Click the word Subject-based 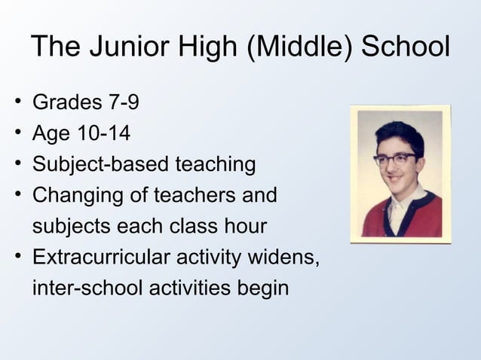coord(100,165)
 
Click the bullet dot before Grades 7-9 coord(17,102)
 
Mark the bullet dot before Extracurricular coord(17,258)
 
